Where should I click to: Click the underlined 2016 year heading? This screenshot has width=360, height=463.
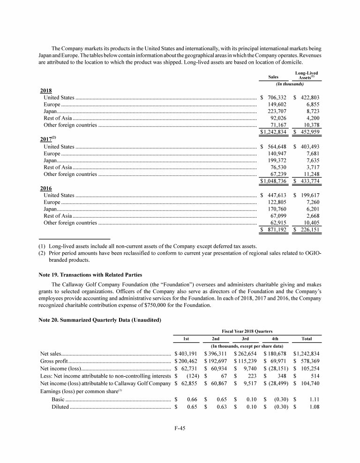45,188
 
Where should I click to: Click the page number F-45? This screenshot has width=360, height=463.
180,429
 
